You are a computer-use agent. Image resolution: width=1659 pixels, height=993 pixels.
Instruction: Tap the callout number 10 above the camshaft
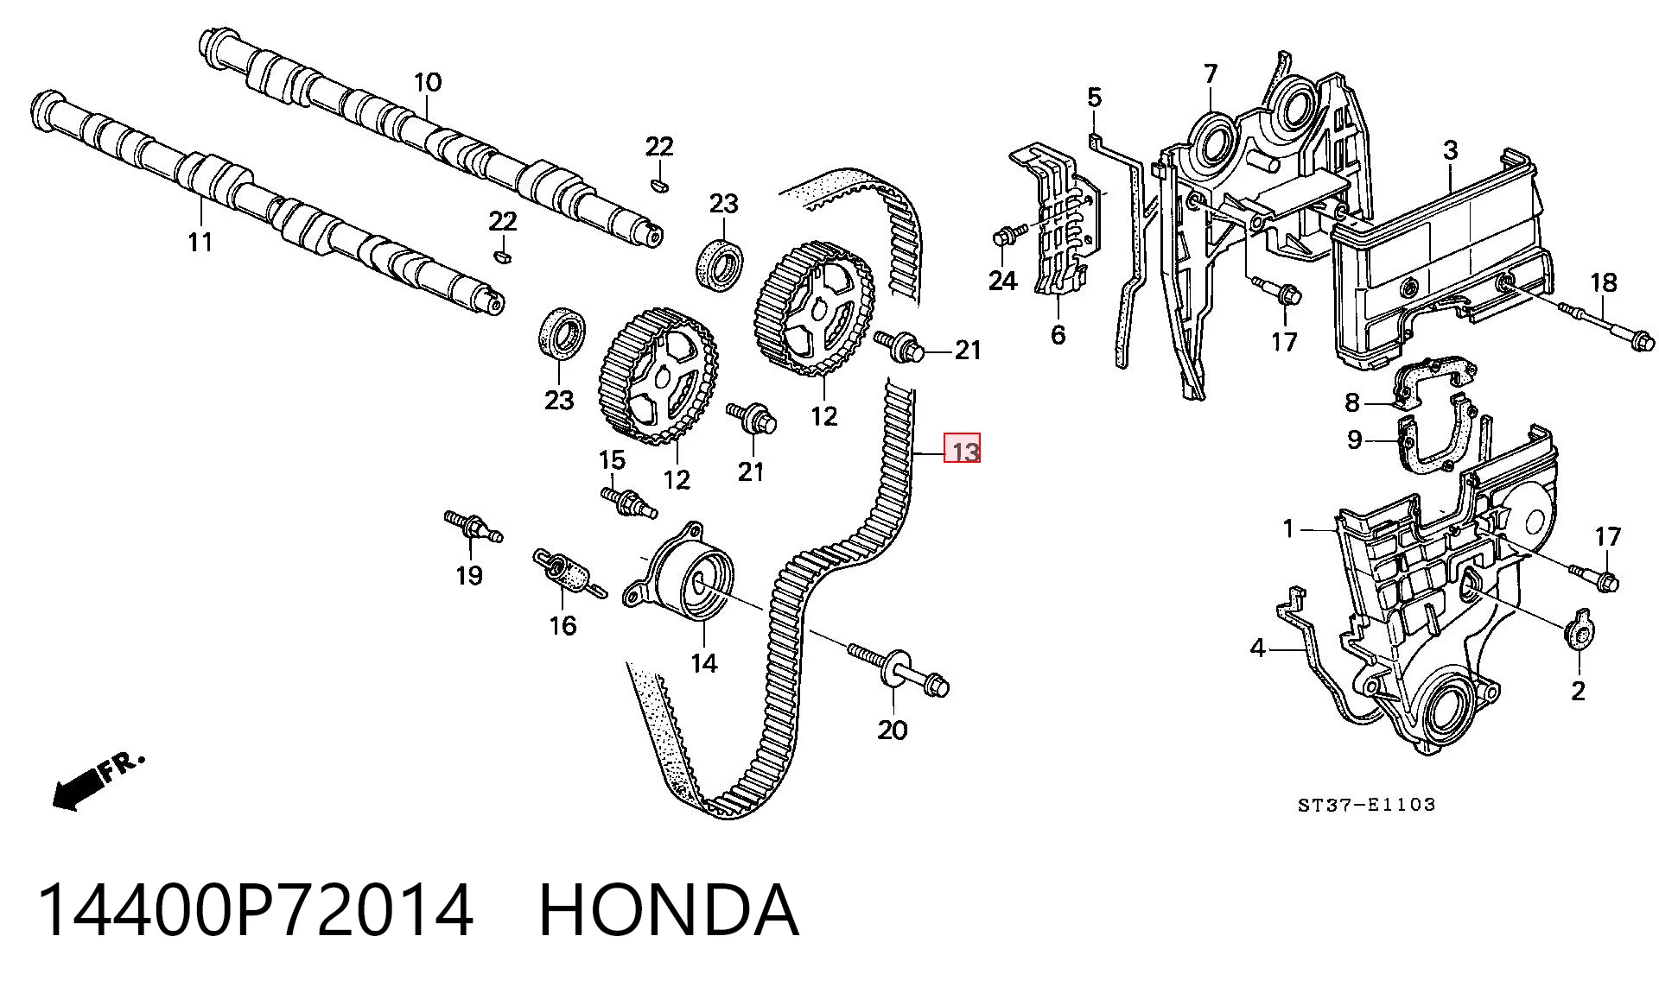point(428,83)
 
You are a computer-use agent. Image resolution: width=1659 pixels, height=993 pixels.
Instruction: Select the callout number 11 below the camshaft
point(200,242)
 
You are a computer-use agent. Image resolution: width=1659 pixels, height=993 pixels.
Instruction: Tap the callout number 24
point(1002,281)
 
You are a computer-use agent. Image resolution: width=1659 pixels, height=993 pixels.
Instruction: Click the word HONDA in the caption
point(669,910)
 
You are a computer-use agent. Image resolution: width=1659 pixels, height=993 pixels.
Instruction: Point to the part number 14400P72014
point(256,910)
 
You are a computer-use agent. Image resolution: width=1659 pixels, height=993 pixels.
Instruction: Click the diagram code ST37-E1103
point(1366,805)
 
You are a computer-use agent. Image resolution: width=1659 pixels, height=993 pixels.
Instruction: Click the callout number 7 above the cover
point(1210,74)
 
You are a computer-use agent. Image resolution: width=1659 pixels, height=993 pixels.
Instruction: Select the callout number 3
point(1451,150)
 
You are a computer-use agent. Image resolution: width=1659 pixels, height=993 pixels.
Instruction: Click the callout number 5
point(1095,97)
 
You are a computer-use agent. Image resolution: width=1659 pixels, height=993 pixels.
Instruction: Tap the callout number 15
point(612,459)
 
